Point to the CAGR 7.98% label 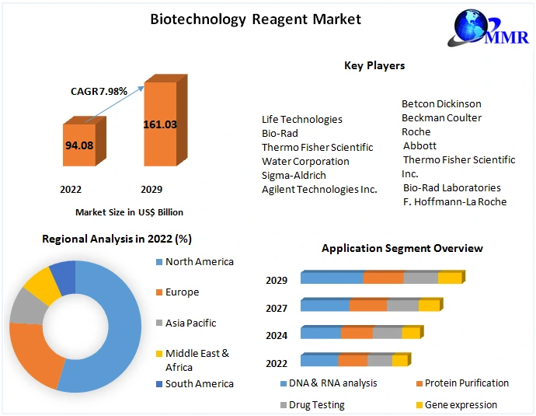[99, 92]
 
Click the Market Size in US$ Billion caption [129, 211]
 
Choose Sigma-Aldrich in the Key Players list [294, 175]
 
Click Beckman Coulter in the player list [441, 117]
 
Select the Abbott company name [419, 145]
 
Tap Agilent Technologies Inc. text [319, 189]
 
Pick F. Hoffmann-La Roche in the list [454, 201]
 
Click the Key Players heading [374, 65]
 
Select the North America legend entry [199, 262]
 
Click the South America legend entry [199, 383]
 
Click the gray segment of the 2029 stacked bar [420, 278]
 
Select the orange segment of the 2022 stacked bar [353, 361]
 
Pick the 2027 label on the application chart [277, 308]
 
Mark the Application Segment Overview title [402, 248]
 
